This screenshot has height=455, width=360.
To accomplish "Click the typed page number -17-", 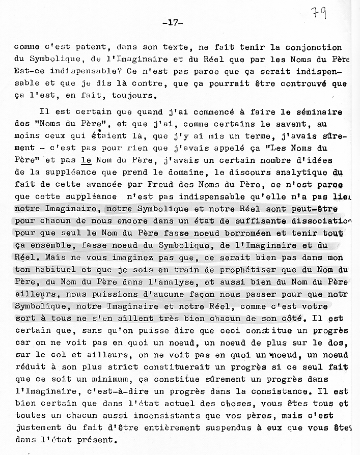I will [173, 23].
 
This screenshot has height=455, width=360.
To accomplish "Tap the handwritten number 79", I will [320, 12].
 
